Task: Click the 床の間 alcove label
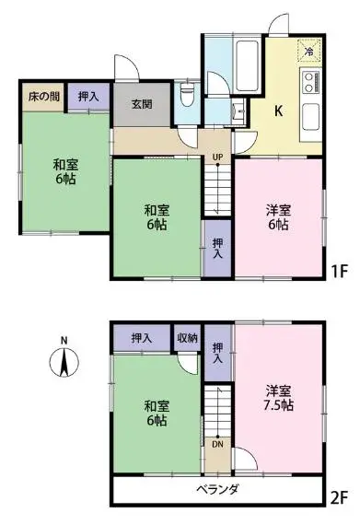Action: (44, 97)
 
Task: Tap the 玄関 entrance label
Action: (142, 104)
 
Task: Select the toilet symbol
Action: (187, 95)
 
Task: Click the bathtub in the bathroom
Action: (248, 66)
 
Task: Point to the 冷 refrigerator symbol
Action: (309, 51)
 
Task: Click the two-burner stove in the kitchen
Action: (310, 82)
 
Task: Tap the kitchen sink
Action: (311, 117)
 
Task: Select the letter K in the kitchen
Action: (278, 111)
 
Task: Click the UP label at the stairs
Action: (217, 157)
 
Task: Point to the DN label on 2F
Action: (217, 445)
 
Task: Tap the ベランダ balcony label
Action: (217, 489)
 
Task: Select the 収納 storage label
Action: (187, 338)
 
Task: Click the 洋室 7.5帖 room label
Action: (278, 398)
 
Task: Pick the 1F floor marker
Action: (340, 271)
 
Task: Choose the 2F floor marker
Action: (339, 499)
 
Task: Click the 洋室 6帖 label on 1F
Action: (278, 217)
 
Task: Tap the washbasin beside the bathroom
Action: (239, 110)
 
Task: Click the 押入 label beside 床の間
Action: (88, 97)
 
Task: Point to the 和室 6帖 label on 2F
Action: (157, 414)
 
